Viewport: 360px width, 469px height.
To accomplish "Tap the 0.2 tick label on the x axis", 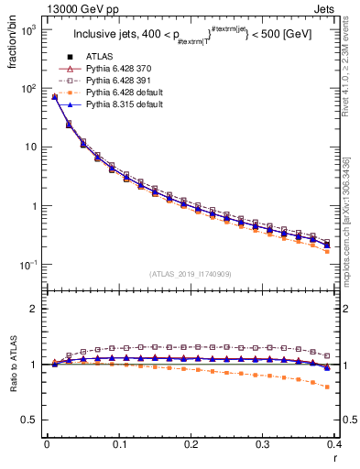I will [191, 443].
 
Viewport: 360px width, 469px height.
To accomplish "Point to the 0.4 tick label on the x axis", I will [334, 443].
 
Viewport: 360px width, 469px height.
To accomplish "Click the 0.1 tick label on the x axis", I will [119, 443].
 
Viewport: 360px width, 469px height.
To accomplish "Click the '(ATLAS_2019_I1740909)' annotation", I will [191, 274].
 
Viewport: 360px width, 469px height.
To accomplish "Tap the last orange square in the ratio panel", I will [353, 387].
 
